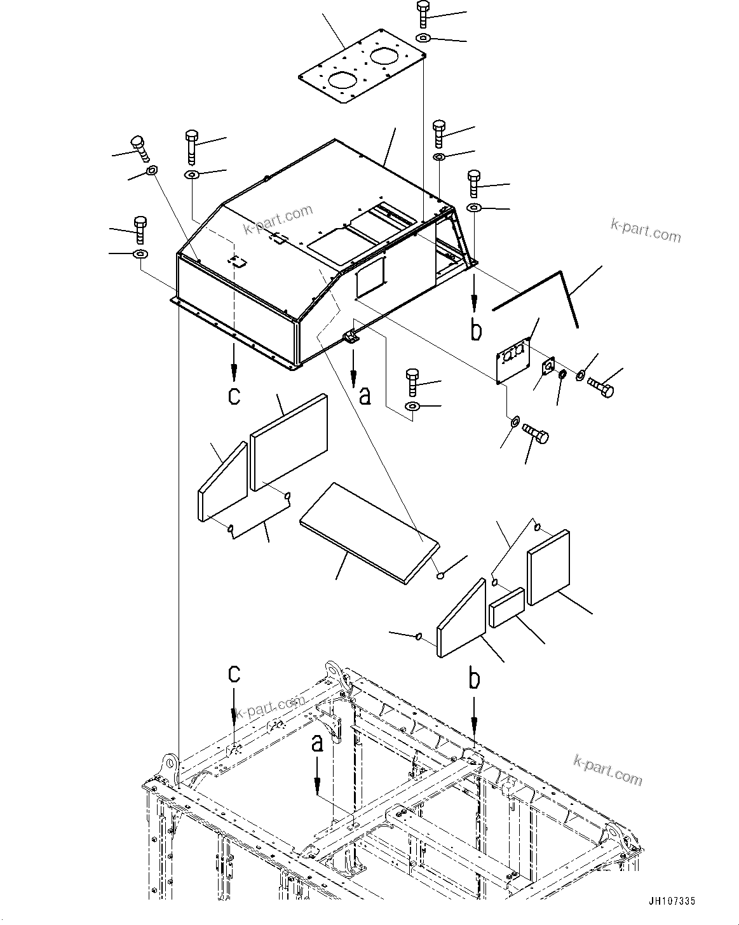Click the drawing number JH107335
click(672, 901)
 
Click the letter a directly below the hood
click(364, 395)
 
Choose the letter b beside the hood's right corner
click(476, 330)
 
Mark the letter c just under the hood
click(234, 395)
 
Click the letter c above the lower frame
click(234, 673)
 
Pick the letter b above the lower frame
click(474, 679)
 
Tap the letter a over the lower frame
click(317, 742)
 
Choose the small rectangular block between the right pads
click(506, 607)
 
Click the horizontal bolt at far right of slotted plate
click(600, 387)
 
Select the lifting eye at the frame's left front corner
click(170, 762)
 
